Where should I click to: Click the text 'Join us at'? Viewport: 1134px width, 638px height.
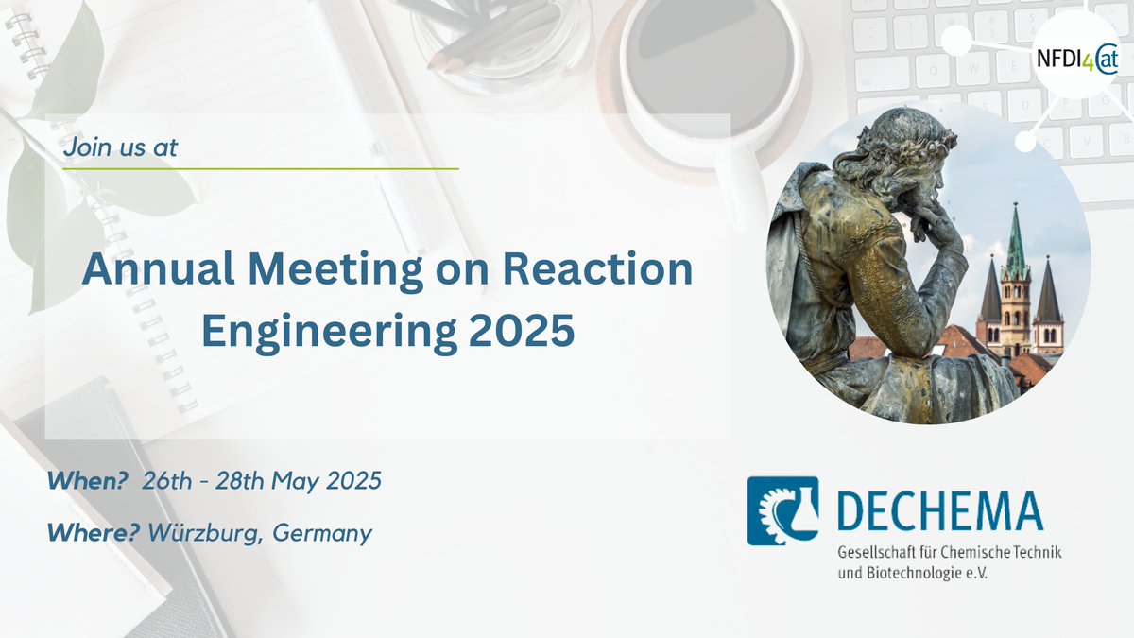pos(120,147)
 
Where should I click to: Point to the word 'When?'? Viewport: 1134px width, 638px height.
pos(88,481)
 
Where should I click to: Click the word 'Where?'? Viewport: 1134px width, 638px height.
pos(94,533)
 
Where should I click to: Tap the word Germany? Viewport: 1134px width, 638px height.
pos(322,533)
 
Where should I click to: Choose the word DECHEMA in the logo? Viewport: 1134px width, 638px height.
pos(939,510)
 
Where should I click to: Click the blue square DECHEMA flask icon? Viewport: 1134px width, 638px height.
pos(782,510)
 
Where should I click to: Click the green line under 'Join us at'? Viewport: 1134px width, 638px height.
pos(261,168)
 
